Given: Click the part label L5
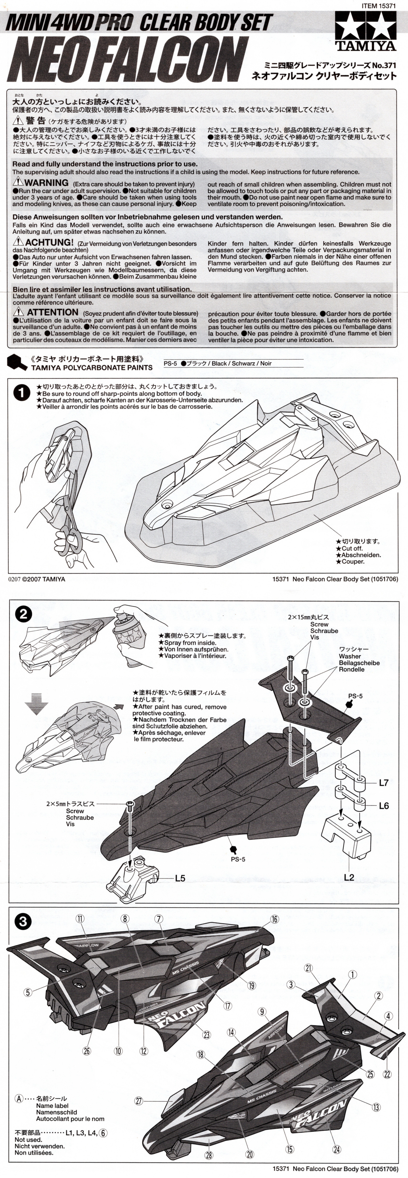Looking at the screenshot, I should point(180,878).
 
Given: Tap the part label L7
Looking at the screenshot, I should point(383,783).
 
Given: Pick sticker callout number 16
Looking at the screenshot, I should point(274,919).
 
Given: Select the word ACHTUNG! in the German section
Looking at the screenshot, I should point(49,242).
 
